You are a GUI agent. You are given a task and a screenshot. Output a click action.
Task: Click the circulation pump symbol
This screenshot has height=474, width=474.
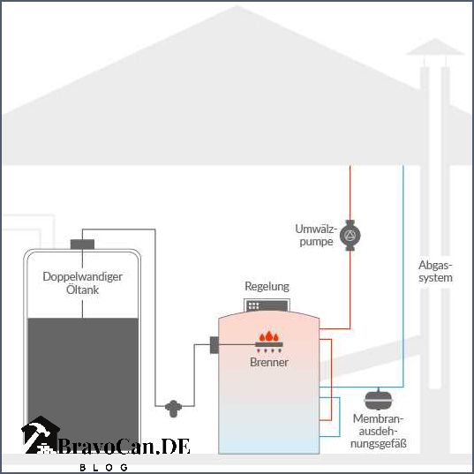pos(350,235)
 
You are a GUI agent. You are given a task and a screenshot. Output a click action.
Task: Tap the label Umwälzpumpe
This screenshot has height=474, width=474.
pos(315,235)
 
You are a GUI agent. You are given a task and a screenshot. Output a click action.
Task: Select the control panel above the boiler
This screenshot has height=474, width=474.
pos(267,305)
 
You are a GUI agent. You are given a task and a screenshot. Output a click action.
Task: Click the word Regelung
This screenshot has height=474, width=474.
pos(267,287)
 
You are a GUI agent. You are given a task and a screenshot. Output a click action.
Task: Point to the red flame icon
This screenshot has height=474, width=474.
pos(269,337)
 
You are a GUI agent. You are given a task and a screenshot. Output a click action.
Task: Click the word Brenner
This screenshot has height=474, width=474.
pos(269,362)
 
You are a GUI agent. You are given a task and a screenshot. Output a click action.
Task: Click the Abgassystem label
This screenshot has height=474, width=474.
pos(435,271)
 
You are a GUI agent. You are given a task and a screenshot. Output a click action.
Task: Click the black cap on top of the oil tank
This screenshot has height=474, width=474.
pos(82,243)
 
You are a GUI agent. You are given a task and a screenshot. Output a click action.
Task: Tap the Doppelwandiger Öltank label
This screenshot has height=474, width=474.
pos(82,282)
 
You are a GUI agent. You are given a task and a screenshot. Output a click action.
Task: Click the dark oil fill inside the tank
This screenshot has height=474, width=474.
pos(82,371)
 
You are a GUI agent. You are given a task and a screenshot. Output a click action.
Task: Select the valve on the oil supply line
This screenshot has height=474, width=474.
pos(173,407)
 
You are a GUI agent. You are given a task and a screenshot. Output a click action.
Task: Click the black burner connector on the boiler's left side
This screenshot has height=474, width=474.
pos(214,345)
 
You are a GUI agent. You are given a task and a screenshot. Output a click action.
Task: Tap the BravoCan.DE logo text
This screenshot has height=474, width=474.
pos(124,447)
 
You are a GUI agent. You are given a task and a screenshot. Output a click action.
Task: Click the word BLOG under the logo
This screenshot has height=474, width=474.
pos(105,466)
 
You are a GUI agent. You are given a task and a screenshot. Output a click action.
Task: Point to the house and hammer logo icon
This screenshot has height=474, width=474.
pos(39,438)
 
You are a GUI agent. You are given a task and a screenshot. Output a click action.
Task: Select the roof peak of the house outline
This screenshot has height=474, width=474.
pos(237,9)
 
